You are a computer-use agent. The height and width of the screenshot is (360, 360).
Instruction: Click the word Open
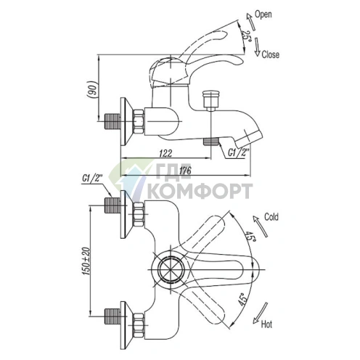tap(263, 15)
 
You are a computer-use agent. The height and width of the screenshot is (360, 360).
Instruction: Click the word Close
tap(270, 54)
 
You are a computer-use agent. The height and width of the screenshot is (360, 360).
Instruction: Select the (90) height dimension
tap(92, 89)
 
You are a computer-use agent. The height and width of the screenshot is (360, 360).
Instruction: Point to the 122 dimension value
tap(165, 153)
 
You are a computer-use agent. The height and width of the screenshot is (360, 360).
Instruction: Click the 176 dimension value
tap(185, 171)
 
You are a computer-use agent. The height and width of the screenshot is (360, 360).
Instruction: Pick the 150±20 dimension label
tap(86, 261)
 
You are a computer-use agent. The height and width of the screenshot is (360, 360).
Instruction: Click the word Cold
tap(271, 217)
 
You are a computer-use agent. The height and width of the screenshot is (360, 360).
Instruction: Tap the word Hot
tap(266, 324)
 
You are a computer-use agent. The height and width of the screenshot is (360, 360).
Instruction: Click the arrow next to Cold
tap(261, 226)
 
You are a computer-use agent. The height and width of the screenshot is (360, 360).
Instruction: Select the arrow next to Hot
tap(260, 313)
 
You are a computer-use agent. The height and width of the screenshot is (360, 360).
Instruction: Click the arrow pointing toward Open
tap(250, 22)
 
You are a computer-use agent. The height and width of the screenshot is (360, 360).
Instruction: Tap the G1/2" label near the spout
tap(238, 153)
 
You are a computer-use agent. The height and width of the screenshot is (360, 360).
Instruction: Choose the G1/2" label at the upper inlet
tap(92, 179)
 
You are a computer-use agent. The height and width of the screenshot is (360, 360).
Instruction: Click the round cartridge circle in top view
tap(171, 269)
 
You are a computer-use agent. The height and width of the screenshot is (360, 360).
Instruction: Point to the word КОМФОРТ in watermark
tap(200, 191)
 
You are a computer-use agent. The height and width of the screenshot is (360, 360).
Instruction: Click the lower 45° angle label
tap(242, 299)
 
